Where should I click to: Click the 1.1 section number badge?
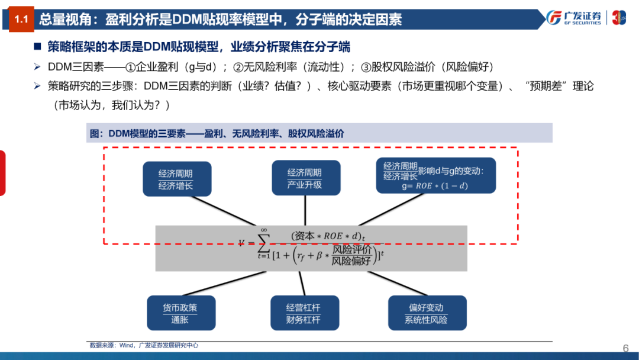pyautogui.click(x=21, y=20)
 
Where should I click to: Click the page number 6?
pyautogui.click(x=625, y=348)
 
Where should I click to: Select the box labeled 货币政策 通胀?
pyautogui.click(x=180, y=313)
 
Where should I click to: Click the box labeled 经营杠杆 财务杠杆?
pyautogui.click(x=303, y=313)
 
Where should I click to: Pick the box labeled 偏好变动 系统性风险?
pyautogui.click(x=426, y=313)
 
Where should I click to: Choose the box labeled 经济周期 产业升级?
pyautogui.click(x=305, y=178)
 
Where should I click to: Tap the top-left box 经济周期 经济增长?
pyautogui.click(x=176, y=179)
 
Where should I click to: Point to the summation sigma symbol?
pyautogui.click(x=264, y=243)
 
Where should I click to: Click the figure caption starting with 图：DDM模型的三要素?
pyautogui.click(x=216, y=134)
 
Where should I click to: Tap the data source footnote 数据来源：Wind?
pyautogui.click(x=143, y=345)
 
